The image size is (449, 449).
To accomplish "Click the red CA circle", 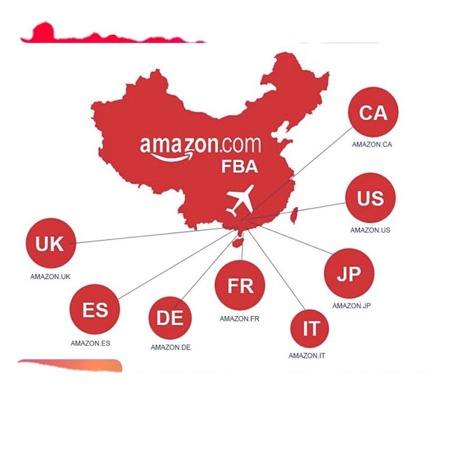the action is point(373,113).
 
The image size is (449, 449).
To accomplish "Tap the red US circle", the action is point(370,198).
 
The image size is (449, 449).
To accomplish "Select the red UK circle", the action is point(50,244).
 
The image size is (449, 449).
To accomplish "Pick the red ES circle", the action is point(95,309).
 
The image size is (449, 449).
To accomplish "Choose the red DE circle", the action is point(170,318).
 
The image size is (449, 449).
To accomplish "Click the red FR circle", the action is point(240,286).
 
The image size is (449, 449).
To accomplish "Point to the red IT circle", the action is point(311,329).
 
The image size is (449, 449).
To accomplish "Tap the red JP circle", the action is point(349,274).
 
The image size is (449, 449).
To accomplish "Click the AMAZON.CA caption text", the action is point(372,144).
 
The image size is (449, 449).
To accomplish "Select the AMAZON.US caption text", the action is point(370,230).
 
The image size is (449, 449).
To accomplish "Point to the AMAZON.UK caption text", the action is point(50,276).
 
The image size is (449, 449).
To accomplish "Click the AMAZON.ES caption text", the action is point(90,343).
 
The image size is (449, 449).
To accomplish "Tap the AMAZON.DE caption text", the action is point(170,347).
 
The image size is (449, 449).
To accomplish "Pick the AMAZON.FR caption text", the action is point(239,319).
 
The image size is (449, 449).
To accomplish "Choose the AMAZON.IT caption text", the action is point(307,355).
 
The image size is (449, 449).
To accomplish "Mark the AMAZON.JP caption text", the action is point(352,306).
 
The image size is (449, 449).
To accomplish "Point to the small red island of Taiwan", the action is point(293,215).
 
